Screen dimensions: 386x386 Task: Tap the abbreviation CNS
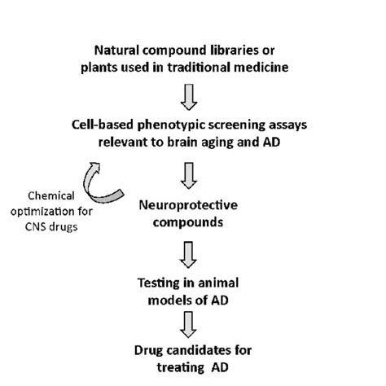[x=38, y=226]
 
